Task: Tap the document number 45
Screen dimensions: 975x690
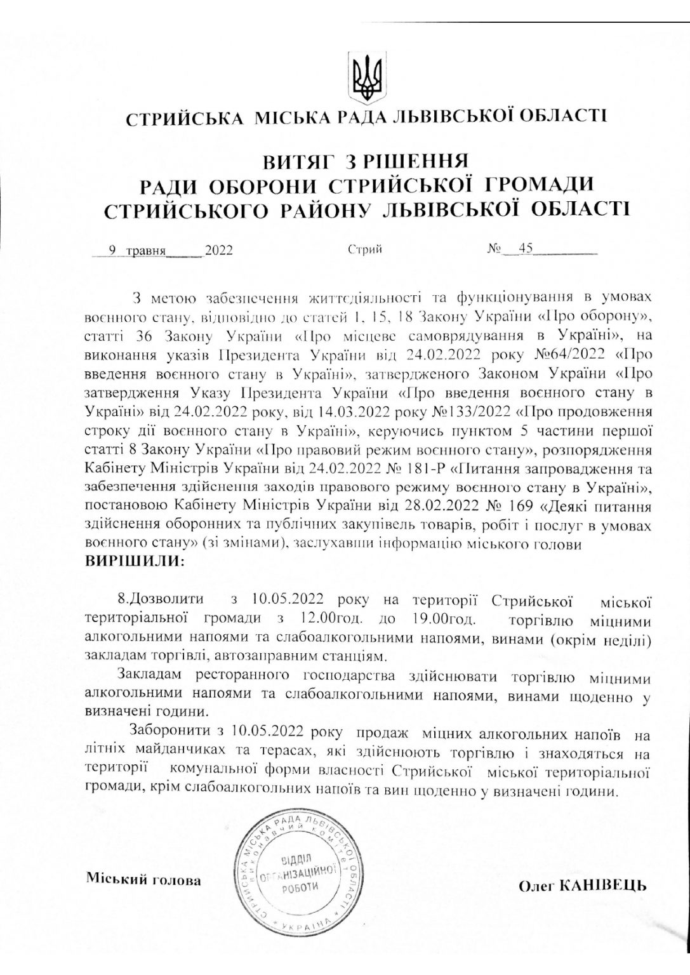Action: (x=525, y=249)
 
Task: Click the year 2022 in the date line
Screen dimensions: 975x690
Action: (x=218, y=250)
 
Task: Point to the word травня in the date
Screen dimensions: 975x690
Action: (x=145, y=250)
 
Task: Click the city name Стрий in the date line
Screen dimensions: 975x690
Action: (x=364, y=249)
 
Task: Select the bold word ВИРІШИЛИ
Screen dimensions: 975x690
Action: (x=134, y=562)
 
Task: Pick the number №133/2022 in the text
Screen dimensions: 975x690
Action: (x=467, y=411)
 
